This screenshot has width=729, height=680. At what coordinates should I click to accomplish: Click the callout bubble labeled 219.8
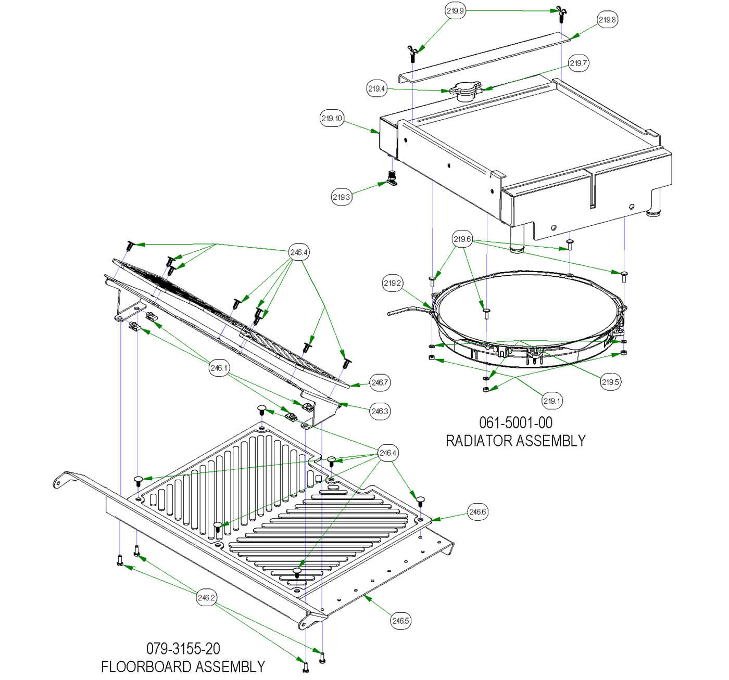(x=607, y=20)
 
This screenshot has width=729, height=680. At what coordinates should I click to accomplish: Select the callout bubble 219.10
(x=332, y=119)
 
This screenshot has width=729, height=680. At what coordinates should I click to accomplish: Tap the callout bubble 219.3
(x=341, y=197)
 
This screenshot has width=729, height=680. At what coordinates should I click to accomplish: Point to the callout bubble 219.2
(x=393, y=283)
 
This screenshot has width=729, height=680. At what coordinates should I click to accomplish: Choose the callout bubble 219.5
(x=610, y=382)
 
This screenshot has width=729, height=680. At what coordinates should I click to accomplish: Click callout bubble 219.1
(x=552, y=401)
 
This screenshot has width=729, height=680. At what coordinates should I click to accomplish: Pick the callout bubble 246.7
(x=380, y=382)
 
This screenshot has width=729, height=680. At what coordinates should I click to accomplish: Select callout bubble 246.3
(x=380, y=411)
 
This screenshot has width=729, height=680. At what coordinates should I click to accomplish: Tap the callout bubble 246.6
(x=477, y=511)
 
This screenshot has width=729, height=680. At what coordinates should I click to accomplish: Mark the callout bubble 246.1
(x=219, y=367)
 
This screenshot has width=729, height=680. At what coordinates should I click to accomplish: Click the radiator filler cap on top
(x=463, y=92)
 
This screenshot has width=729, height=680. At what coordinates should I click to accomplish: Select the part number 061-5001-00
(x=516, y=423)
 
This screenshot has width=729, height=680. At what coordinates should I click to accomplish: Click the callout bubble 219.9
(x=455, y=11)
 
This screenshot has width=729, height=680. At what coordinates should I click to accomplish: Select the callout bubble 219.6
(x=462, y=239)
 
